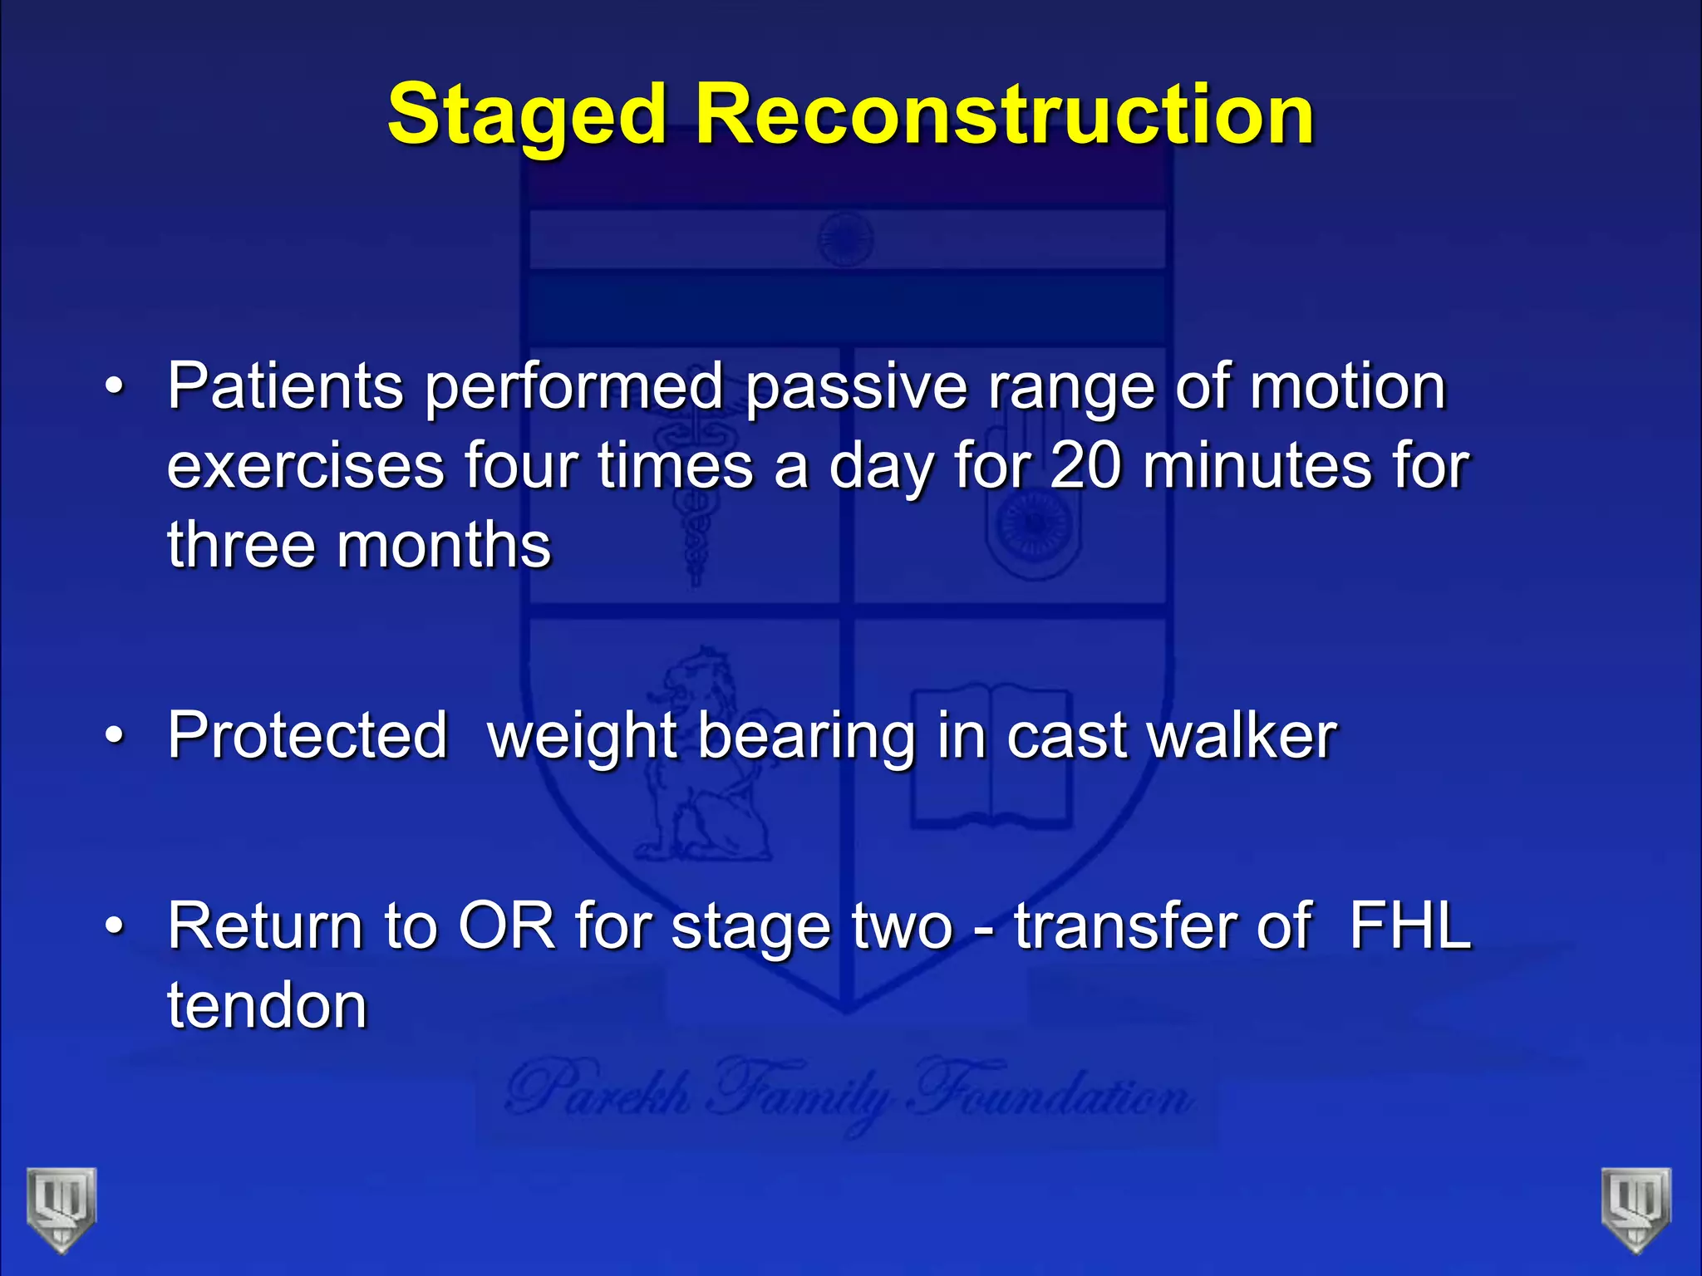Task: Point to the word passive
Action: (x=856, y=388)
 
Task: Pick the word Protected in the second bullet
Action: (x=307, y=736)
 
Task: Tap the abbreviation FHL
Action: (x=1410, y=925)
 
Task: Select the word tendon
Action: (x=267, y=1005)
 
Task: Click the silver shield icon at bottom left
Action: (x=61, y=1208)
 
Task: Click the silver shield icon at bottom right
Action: (x=1636, y=1208)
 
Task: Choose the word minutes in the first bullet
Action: (x=1257, y=466)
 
